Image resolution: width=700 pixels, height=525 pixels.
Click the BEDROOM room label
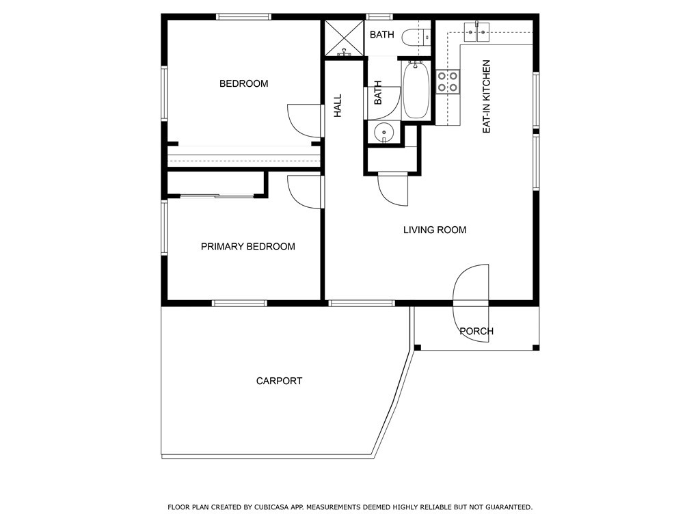(x=243, y=83)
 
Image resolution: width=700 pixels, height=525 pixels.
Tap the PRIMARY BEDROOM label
(x=247, y=246)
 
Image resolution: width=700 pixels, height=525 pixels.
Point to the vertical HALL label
(x=338, y=105)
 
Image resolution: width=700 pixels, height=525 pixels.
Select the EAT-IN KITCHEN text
(x=487, y=96)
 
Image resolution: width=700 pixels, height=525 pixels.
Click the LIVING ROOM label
(x=434, y=230)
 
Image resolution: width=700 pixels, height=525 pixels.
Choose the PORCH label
(x=476, y=332)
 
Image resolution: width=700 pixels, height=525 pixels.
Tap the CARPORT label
(x=279, y=381)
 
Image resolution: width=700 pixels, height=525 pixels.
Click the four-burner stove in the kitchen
(x=448, y=82)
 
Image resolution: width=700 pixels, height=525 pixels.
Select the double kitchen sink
(x=476, y=29)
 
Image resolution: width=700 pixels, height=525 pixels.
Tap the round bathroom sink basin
(x=384, y=132)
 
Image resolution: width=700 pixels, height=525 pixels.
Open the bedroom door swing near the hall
(x=304, y=120)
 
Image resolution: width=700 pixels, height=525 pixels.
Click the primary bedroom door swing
(x=304, y=191)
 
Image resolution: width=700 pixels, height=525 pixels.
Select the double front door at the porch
(x=471, y=294)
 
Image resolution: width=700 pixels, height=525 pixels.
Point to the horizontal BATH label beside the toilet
(x=382, y=34)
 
